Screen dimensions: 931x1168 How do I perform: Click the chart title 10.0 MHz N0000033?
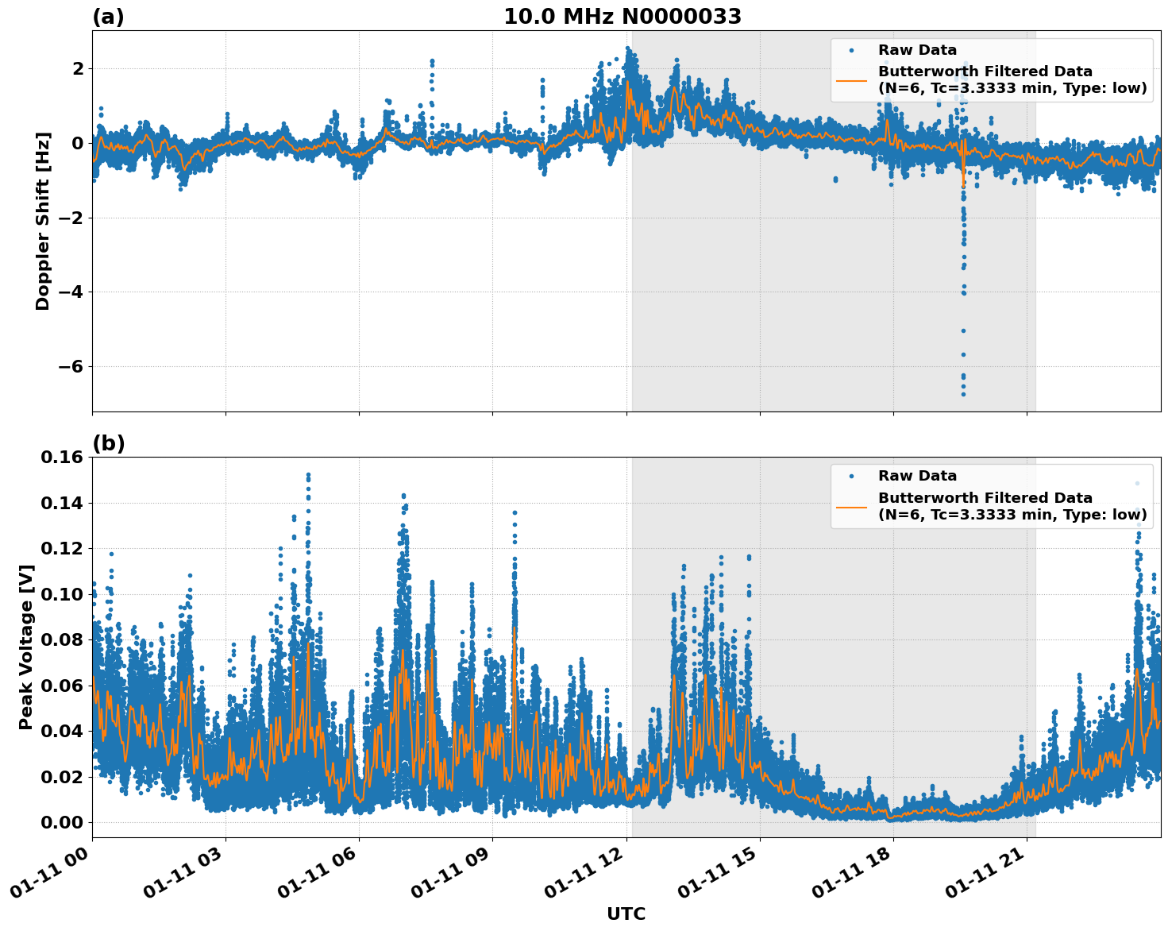(x=623, y=17)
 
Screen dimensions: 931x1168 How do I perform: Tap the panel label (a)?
(x=108, y=17)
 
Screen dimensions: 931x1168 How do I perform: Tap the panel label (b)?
(x=108, y=443)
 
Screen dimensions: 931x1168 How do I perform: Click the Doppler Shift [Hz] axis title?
(x=43, y=221)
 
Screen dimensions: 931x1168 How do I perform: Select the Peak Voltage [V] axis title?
(x=26, y=647)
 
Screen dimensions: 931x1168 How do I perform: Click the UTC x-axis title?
(x=626, y=914)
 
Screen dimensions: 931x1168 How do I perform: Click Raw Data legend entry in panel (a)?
(x=917, y=50)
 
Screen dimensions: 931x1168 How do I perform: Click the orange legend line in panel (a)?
(x=851, y=80)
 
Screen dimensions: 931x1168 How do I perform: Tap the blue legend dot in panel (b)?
(x=851, y=477)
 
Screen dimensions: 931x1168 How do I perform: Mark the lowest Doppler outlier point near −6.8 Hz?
(x=963, y=394)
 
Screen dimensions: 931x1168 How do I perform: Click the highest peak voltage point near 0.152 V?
(x=308, y=475)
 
